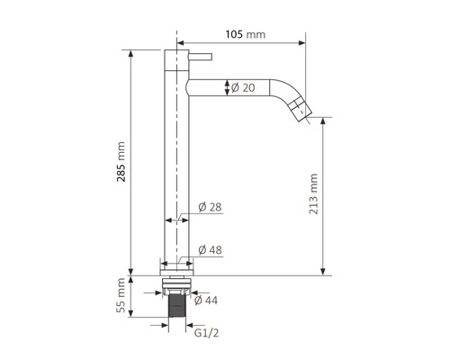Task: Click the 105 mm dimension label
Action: tap(246, 34)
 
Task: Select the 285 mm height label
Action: tap(121, 162)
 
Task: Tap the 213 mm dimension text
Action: tap(313, 193)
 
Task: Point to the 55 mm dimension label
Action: tap(121, 295)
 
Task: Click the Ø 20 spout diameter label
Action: tap(243, 87)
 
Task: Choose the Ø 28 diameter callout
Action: tap(210, 207)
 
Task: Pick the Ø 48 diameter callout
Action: tap(210, 249)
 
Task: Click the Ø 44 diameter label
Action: tap(206, 301)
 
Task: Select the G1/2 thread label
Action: tap(206, 333)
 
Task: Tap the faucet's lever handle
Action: tap(201, 57)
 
